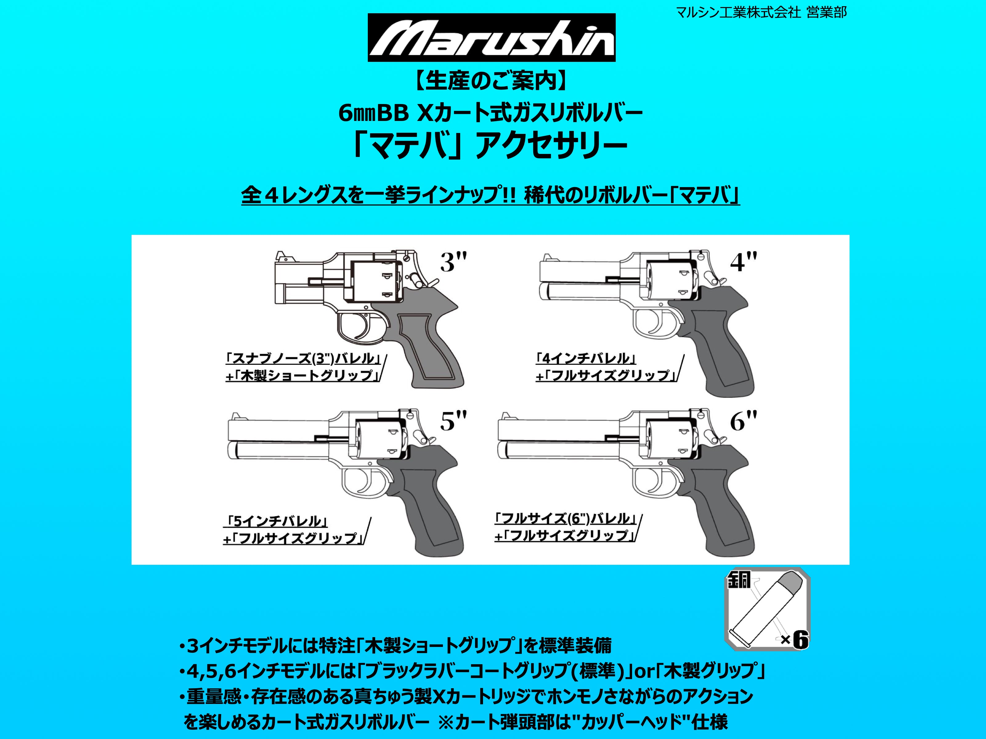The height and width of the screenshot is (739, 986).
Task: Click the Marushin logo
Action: point(491,38)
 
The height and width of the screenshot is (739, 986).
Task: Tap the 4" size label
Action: point(743,262)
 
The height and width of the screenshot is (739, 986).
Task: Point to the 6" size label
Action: point(743,421)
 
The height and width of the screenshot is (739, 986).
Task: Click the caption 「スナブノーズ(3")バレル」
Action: point(303,359)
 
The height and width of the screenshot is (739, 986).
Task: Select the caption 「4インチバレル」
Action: point(585,359)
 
